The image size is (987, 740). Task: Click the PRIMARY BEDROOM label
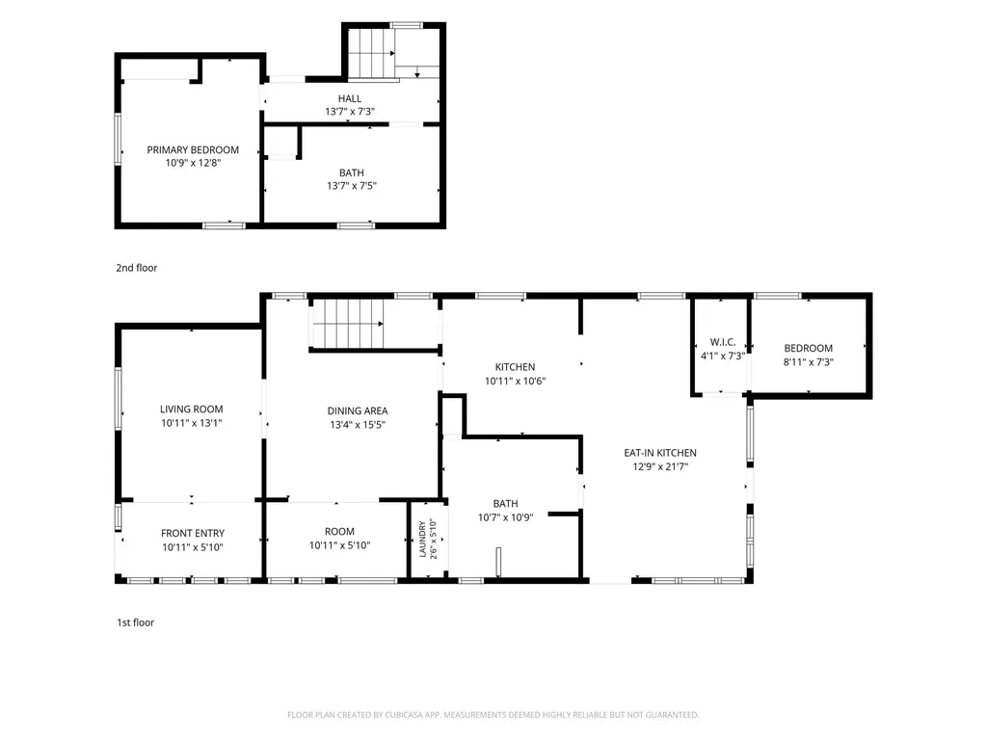click(193, 149)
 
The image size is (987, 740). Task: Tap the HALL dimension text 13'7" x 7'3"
click(349, 112)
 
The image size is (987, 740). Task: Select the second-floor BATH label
click(351, 172)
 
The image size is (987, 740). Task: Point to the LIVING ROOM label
click(192, 409)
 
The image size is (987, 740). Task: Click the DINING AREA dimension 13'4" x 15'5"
click(358, 425)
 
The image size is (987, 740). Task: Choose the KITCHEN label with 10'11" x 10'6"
click(515, 367)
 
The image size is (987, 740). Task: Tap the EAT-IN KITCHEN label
click(660, 453)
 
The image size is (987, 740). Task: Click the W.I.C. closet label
click(723, 342)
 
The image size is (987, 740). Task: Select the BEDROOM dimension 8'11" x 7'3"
click(809, 362)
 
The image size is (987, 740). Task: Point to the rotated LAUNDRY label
click(422, 539)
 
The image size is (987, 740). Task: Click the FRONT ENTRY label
click(193, 533)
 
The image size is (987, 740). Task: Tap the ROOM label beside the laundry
click(339, 532)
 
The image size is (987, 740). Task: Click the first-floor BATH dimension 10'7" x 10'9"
click(505, 517)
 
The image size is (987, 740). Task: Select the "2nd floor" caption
click(137, 268)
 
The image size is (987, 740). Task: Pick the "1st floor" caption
click(135, 622)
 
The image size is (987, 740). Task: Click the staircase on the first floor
click(348, 324)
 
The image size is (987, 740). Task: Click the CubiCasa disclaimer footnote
click(493, 715)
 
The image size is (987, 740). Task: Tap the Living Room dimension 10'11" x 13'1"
click(192, 423)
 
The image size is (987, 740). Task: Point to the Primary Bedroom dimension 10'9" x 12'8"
click(193, 163)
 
